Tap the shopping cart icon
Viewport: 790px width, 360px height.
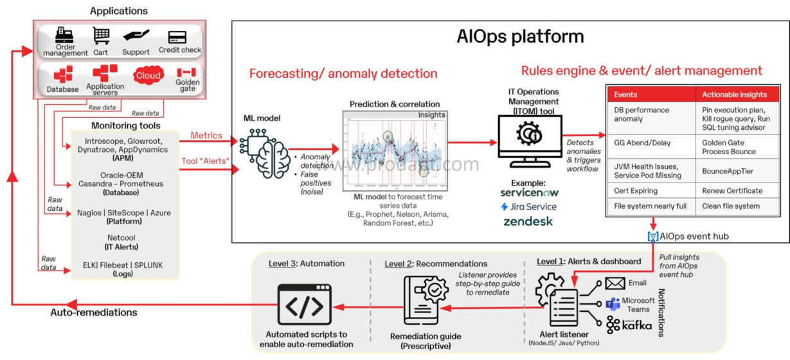pos(101,36)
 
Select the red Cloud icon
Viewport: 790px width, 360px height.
pos(148,75)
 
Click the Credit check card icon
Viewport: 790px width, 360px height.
pos(177,37)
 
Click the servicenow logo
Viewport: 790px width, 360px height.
pos(529,192)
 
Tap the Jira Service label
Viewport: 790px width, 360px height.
pos(528,206)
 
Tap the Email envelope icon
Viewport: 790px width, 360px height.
pos(615,283)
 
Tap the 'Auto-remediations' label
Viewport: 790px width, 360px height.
pos(94,312)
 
